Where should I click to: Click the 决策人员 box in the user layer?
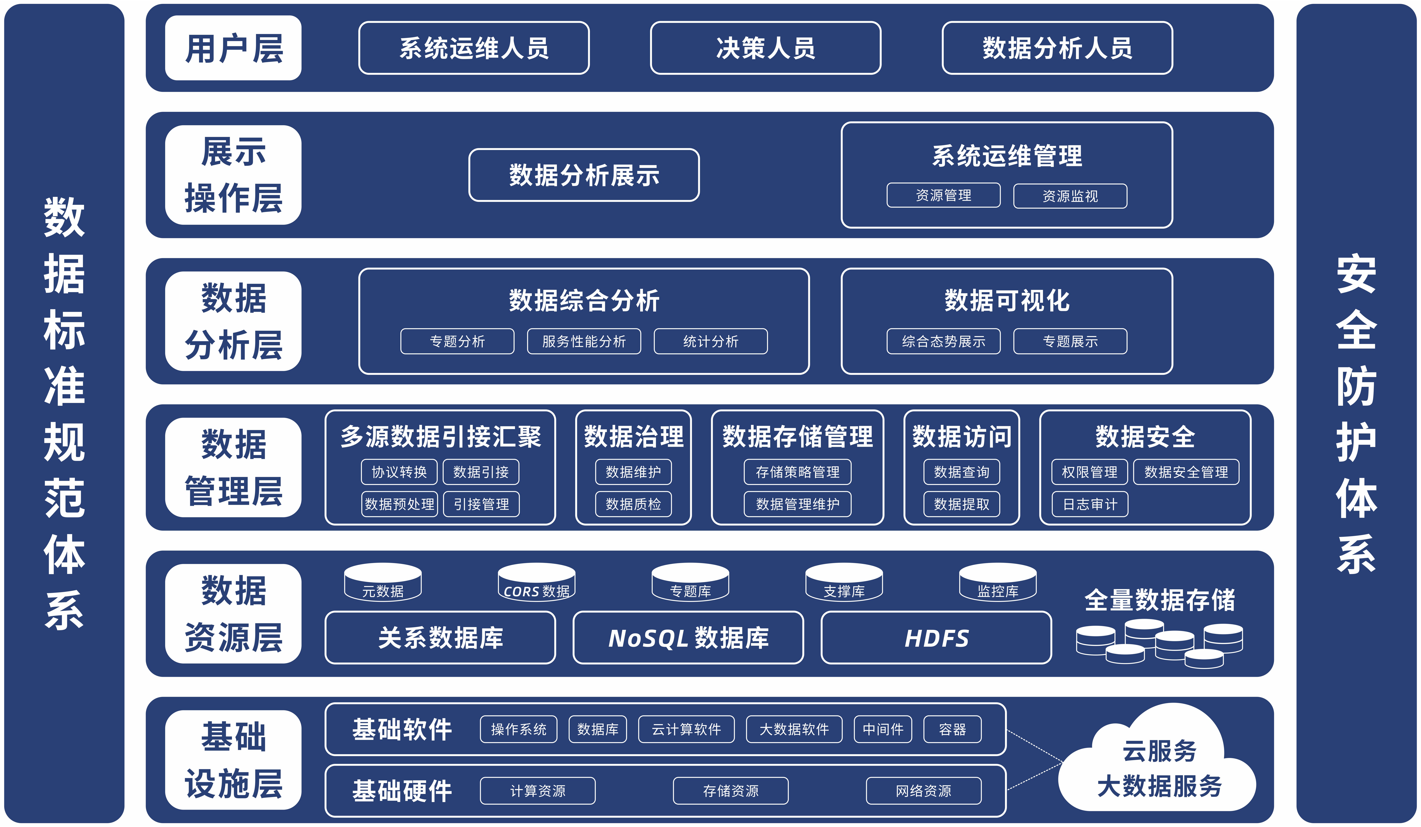(765, 48)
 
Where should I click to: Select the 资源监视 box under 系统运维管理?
(1070, 196)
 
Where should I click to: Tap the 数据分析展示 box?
(584, 175)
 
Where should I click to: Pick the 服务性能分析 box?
(584, 341)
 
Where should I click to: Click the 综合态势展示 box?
(943, 341)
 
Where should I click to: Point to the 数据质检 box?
(633, 504)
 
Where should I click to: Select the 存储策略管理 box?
(797, 472)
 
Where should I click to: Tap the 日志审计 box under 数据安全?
(1089, 504)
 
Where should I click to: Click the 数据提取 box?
(961, 504)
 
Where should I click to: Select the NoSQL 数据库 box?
(688, 638)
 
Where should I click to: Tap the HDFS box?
(936, 638)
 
